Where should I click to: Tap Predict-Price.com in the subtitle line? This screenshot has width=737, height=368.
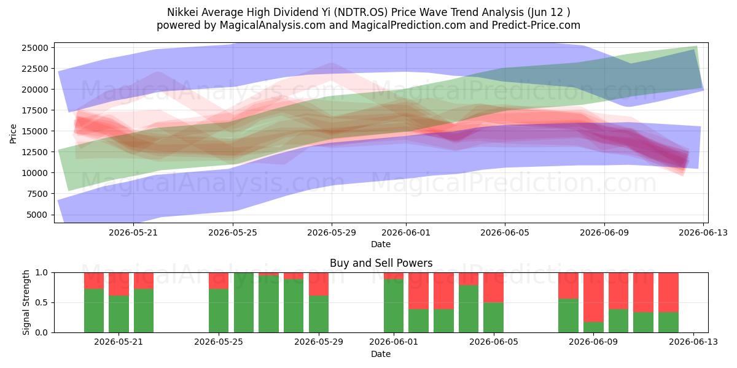point(536,25)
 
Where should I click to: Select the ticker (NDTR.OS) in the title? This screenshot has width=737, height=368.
point(360,12)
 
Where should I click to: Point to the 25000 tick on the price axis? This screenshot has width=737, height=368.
point(35,48)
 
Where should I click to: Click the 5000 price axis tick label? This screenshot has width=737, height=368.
point(37,215)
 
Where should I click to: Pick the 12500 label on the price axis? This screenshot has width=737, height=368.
point(35,152)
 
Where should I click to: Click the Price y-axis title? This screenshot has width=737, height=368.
point(13,134)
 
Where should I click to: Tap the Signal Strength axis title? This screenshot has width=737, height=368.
point(26,302)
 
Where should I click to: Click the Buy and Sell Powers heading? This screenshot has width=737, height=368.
point(381,263)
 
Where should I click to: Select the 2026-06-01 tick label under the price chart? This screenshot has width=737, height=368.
point(406,233)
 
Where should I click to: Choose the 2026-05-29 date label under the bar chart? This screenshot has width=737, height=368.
point(319,342)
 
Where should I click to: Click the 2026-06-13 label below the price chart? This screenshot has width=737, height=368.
point(703,233)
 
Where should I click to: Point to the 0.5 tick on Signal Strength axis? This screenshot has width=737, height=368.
point(42,302)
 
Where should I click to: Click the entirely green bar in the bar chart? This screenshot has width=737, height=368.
point(244,302)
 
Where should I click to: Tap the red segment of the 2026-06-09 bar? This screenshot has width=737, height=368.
point(593,297)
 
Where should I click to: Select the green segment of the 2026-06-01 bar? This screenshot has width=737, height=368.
point(394,306)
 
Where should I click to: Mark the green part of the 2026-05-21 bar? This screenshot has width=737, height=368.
point(119,314)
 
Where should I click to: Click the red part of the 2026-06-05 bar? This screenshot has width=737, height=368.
point(494,288)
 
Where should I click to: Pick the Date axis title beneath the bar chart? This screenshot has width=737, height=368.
point(381,355)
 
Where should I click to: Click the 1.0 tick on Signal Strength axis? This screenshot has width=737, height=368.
point(42,273)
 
